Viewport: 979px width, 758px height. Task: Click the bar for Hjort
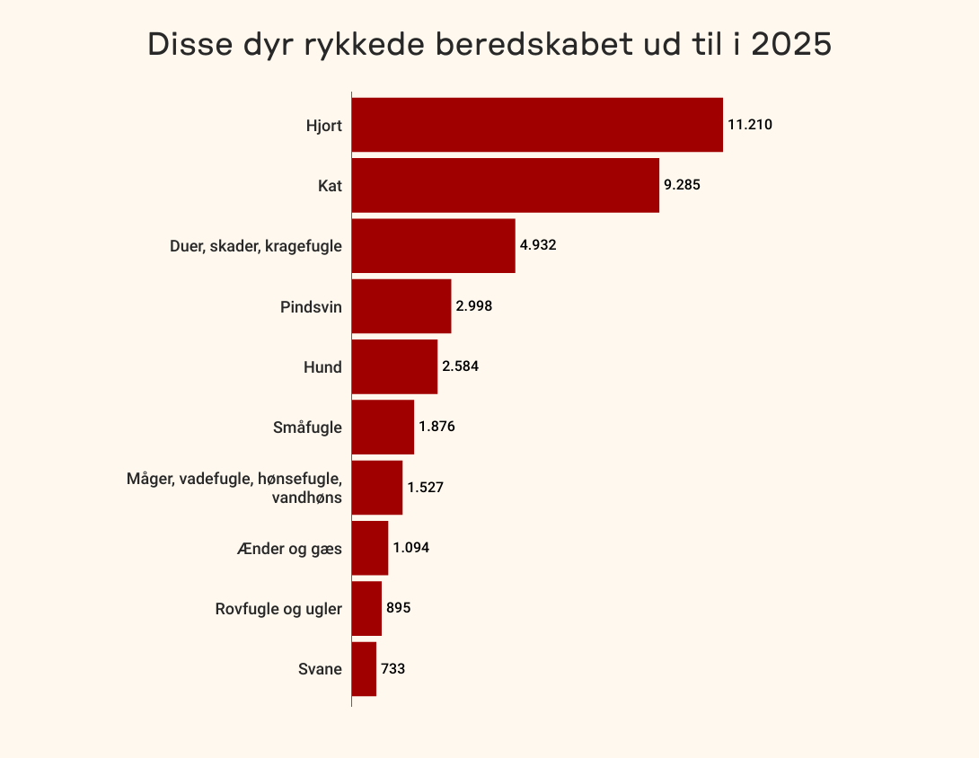coord(537,125)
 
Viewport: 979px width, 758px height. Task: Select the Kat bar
coord(505,185)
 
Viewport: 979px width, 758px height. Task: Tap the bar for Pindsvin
coord(401,306)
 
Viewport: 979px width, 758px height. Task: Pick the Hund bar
coord(394,366)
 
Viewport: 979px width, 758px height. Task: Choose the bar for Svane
coord(364,668)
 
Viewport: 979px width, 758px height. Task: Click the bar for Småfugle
coord(383,427)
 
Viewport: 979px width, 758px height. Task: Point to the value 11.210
coord(750,125)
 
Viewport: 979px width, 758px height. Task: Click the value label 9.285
coord(682,185)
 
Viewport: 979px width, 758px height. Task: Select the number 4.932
coord(538,244)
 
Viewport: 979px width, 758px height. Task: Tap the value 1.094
coord(411,547)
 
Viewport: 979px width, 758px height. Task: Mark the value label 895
coord(399,608)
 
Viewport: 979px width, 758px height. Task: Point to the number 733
coord(393,668)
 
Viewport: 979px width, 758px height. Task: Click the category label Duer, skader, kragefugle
coord(256,245)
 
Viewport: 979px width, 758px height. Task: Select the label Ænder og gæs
coord(289,548)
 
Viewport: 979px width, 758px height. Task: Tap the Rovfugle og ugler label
coord(278,609)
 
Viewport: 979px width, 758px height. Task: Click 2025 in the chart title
coord(790,45)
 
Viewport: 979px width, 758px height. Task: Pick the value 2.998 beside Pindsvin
coord(474,305)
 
